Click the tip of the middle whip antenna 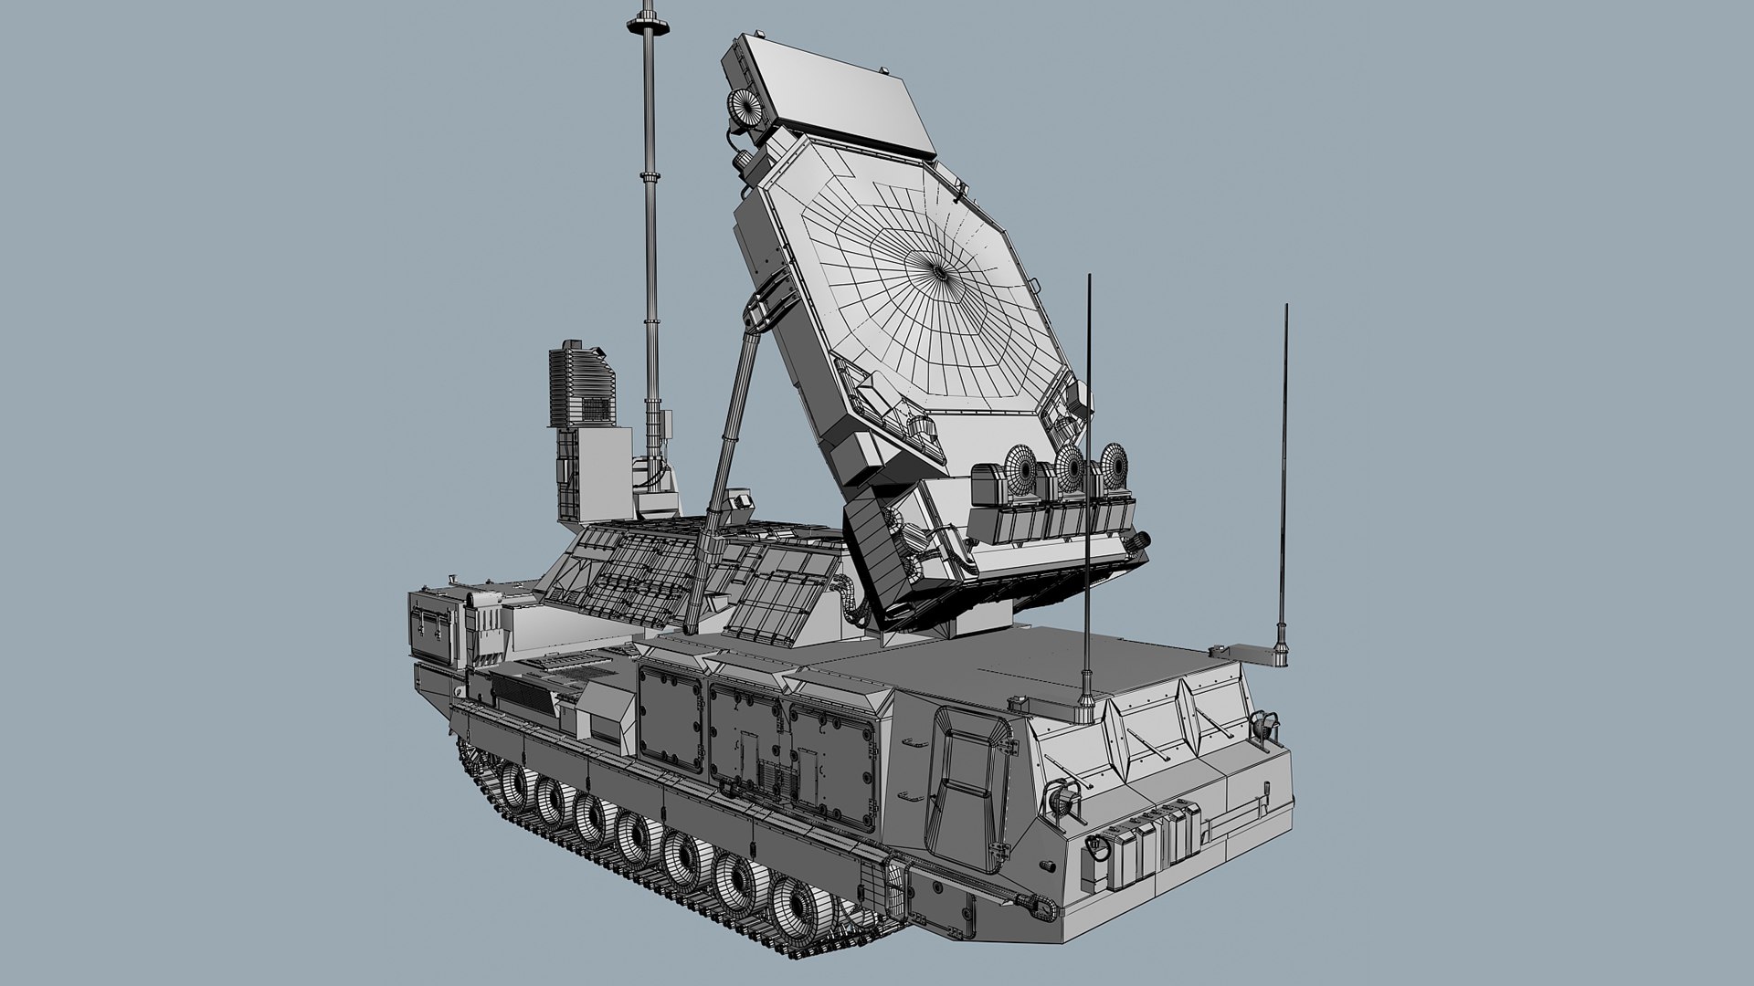[1089, 276]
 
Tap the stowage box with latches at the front [433, 626]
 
